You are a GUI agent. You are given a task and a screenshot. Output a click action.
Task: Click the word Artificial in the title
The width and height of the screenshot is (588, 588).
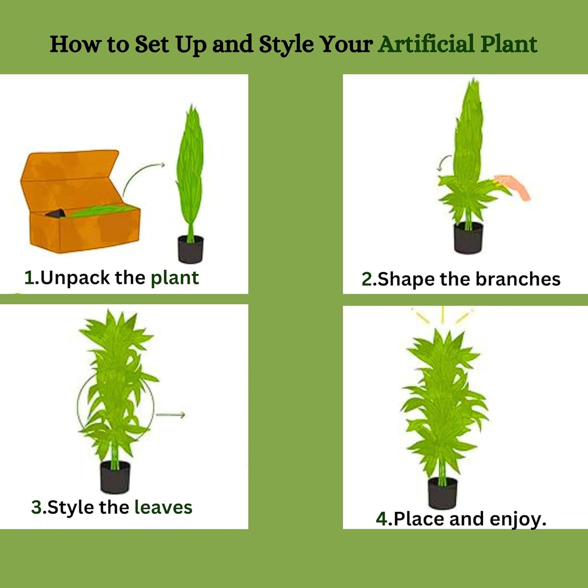click(x=426, y=44)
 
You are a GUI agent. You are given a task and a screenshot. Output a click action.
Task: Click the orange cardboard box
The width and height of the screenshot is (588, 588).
click(x=80, y=202)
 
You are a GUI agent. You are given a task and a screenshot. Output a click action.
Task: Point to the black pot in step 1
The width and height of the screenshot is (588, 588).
click(x=190, y=249)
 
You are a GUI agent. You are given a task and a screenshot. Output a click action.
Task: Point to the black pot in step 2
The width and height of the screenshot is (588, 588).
click(x=468, y=238)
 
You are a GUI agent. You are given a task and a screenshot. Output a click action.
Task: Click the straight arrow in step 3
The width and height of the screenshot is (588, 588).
click(x=170, y=415)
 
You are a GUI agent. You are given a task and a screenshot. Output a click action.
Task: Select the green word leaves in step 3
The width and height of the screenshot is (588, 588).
click(x=163, y=507)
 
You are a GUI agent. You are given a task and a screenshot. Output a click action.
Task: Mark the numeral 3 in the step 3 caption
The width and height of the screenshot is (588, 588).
click(x=36, y=508)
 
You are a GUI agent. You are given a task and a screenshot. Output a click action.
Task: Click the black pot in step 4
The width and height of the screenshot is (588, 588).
click(x=442, y=494)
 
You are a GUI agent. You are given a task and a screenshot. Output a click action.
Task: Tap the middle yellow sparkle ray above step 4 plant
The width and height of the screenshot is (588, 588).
click(x=442, y=315)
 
